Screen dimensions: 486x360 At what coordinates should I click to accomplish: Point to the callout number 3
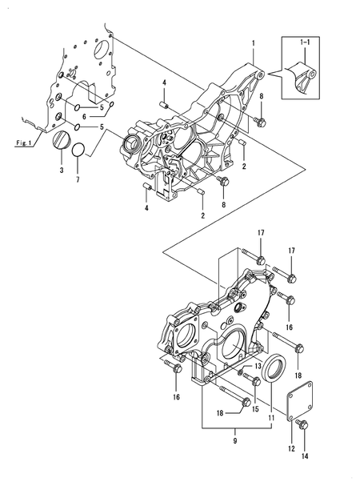[61, 170]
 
